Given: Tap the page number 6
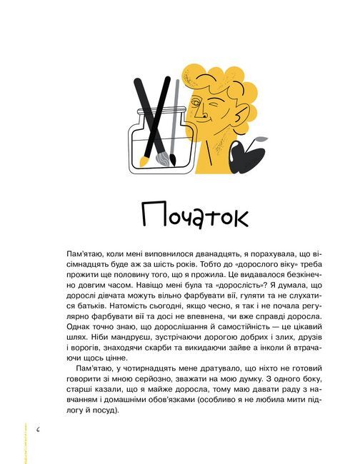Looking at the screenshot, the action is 37,429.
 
